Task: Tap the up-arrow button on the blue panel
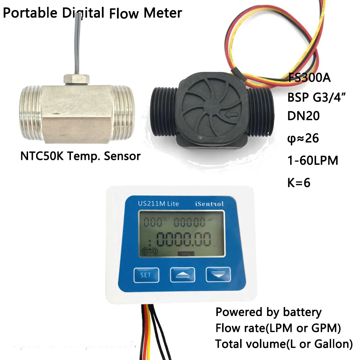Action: (182, 275)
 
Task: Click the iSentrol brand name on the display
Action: (210, 204)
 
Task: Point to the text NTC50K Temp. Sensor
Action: (80, 156)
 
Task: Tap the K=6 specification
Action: (299, 182)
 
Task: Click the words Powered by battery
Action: (268, 312)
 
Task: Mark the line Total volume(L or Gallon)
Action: (284, 344)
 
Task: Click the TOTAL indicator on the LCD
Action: (186, 254)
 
